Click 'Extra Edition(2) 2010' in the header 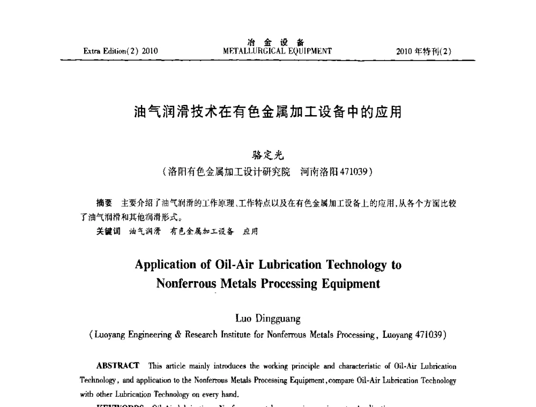point(121,52)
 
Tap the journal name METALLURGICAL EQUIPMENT point(277,51)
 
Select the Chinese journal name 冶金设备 point(277,43)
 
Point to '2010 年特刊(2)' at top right point(424,52)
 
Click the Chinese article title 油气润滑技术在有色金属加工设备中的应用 point(268,113)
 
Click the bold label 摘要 point(103,204)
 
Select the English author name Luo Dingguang point(268,319)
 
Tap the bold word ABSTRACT point(118,366)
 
